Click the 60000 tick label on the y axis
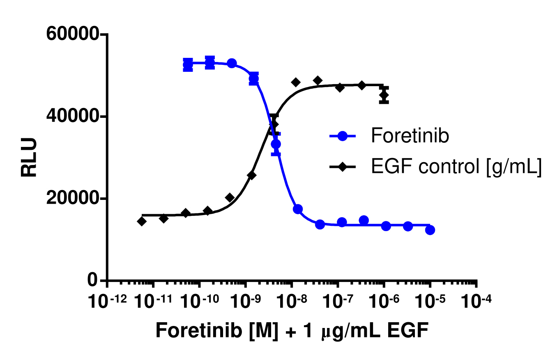click(73, 34)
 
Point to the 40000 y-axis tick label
click(73, 117)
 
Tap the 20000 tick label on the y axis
click(73, 199)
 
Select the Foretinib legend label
click(410, 136)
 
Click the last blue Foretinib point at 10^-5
click(430, 230)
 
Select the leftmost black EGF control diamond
click(142, 221)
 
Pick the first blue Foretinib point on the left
click(188, 64)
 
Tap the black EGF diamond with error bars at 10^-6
click(384, 96)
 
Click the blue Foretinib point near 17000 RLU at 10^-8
click(298, 209)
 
